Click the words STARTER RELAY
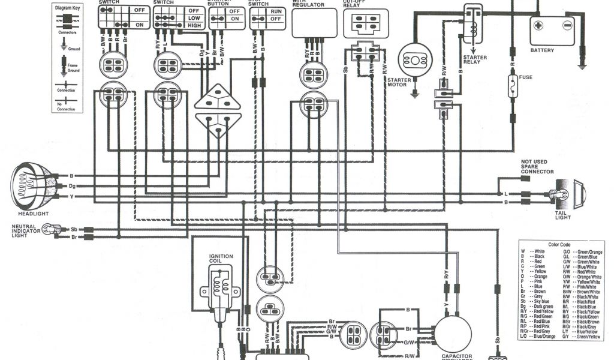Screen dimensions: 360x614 pyautogui.click(x=474, y=60)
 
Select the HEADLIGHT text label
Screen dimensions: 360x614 pyautogui.click(x=33, y=214)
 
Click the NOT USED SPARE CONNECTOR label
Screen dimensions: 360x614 pyautogui.click(x=537, y=167)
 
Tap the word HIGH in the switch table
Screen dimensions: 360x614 pyautogui.click(x=194, y=26)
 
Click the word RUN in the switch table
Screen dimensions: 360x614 pyautogui.click(x=276, y=11)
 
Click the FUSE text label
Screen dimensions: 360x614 pyautogui.click(x=526, y=77)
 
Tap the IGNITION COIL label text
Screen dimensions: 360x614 pyautogui.click(x=221, y=259)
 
